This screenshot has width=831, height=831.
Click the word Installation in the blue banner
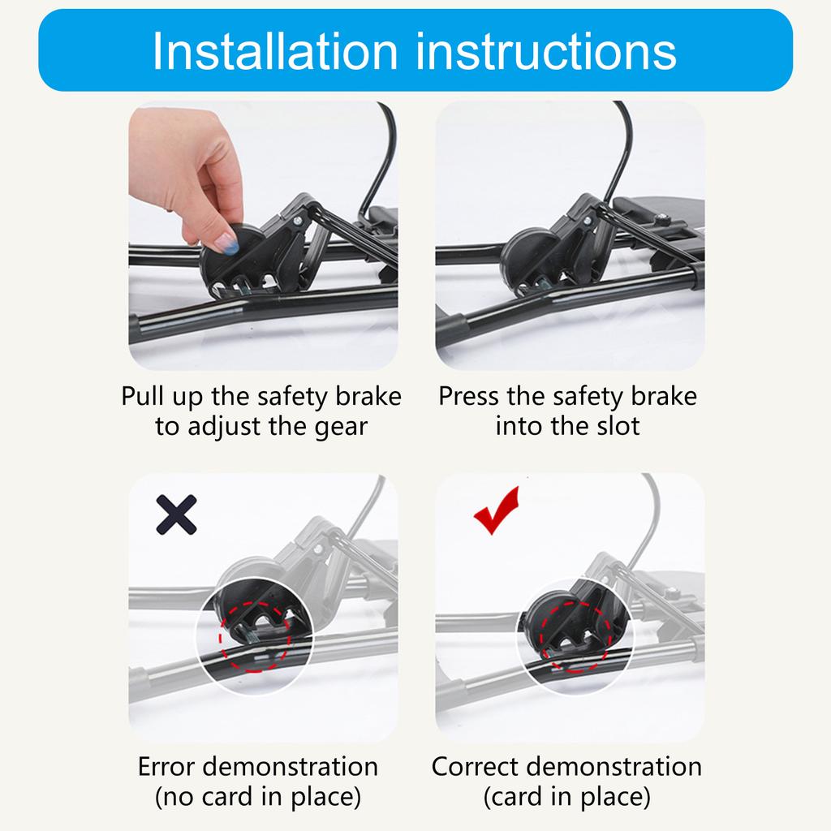coord(275,51)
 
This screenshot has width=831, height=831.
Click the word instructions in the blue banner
coord(546,51)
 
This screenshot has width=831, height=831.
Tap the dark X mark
coord(176,514)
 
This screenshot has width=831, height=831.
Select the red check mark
coord(497,510)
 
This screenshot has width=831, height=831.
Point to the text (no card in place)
coord(258,797)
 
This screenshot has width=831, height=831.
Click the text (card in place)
coord(566,797)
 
